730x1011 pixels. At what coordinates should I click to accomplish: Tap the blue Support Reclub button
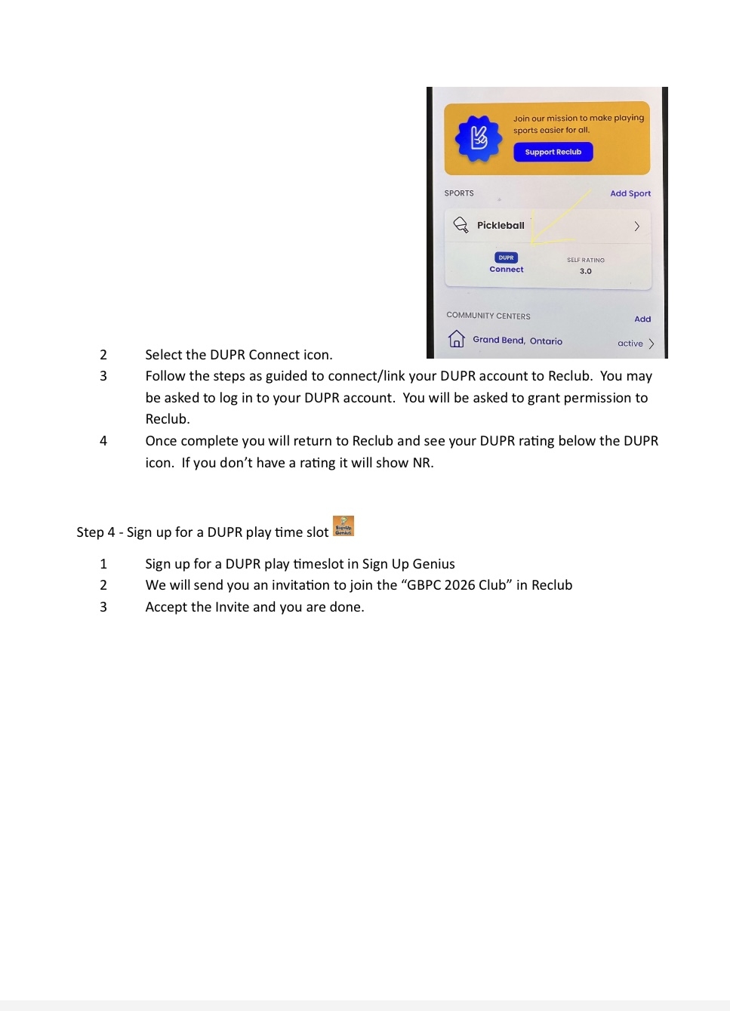553,152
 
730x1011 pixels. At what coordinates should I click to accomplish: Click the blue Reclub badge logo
479,138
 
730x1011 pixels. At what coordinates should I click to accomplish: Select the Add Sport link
630,193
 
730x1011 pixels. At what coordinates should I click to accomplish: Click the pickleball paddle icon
460,225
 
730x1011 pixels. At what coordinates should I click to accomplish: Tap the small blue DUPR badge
506,257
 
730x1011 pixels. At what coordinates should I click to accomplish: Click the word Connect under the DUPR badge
506,270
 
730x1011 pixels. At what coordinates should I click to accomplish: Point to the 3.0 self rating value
586,271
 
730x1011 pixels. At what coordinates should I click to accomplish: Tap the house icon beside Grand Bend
456,339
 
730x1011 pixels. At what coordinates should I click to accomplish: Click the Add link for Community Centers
642,319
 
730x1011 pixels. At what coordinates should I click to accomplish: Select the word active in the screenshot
630,344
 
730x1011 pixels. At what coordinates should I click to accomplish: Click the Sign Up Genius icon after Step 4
343,526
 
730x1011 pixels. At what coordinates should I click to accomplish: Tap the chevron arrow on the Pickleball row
637,226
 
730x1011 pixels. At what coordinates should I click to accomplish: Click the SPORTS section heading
459,193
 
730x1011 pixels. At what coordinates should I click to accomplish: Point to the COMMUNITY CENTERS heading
488,316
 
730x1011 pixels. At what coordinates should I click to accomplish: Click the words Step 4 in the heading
96,532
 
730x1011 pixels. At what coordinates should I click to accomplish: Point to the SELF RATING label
586,260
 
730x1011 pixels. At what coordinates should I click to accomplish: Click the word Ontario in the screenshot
546,341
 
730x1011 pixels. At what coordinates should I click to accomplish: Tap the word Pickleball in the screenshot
501,225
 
